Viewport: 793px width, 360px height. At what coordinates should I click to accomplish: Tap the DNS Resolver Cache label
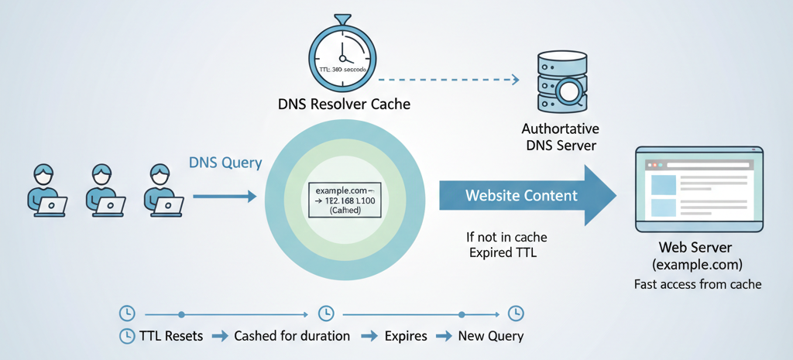[x=343, y=103]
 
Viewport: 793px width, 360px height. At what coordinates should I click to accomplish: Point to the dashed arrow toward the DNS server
[x=448, y=79]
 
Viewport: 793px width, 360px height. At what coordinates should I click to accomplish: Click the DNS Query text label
[x=225, y=163]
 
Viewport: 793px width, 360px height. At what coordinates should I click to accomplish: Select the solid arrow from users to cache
[x=224, y=197]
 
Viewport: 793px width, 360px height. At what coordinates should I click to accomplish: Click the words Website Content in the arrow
[x=521, y=195]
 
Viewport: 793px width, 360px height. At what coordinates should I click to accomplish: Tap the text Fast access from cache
[x=698, y=284]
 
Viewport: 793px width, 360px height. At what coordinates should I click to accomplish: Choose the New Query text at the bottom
[x=491, y=336]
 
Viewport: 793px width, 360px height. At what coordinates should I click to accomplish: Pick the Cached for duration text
[x=292, y=336]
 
